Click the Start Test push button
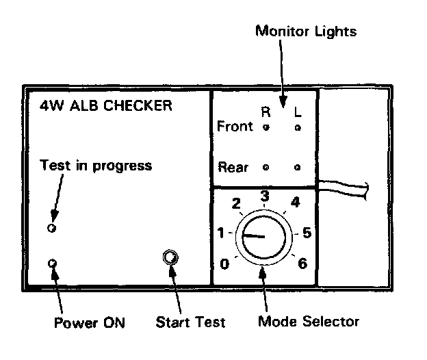[x=170, y=257]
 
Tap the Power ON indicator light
[x=51, y=263]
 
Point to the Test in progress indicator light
[x=51, y=227]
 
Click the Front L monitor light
[x=297, y=127]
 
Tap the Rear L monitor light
[x=297, y=166]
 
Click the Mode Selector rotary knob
[x=263, y=237]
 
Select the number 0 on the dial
[x=224, y=264]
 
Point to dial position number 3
[x=264, y=196]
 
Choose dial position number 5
[x=307, y=233]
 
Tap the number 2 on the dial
[x=236, y=203]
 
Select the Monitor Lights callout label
[x=306, y=31]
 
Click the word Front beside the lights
[x=234, y=127]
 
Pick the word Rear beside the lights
[x=233, y=166]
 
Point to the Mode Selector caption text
[x=308, y=320]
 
